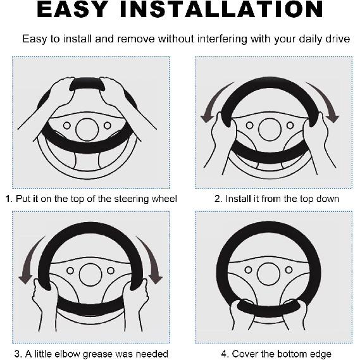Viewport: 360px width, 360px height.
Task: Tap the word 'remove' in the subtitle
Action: [x=136, y=39]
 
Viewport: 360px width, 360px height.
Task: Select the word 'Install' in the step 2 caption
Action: [x=238, y=199]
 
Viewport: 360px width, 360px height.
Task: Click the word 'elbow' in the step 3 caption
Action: [x=66, y=354]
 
